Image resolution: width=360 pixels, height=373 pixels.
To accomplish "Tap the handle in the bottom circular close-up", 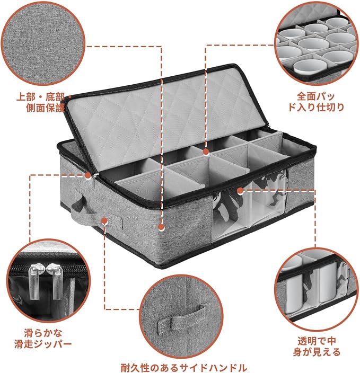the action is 181,317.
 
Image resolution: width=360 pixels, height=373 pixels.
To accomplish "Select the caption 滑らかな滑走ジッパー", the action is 43,338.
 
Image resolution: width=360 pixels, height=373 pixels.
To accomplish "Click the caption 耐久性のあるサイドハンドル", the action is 184,368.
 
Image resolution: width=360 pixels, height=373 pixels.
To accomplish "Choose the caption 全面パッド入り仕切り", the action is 316,102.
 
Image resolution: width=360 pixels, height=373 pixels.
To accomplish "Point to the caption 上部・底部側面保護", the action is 41,103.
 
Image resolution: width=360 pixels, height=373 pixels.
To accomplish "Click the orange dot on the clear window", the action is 240,190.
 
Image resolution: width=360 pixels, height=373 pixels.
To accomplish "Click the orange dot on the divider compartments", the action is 206,152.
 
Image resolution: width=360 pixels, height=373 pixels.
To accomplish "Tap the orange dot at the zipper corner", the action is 88,175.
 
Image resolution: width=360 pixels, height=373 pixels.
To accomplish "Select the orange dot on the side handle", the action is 104,221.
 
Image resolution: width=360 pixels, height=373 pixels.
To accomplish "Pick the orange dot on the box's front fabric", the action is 161,228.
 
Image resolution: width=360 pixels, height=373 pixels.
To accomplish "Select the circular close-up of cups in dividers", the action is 317,43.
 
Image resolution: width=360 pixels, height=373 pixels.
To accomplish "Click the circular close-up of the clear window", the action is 317,290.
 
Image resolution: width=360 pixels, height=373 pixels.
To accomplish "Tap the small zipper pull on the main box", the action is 95,181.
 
